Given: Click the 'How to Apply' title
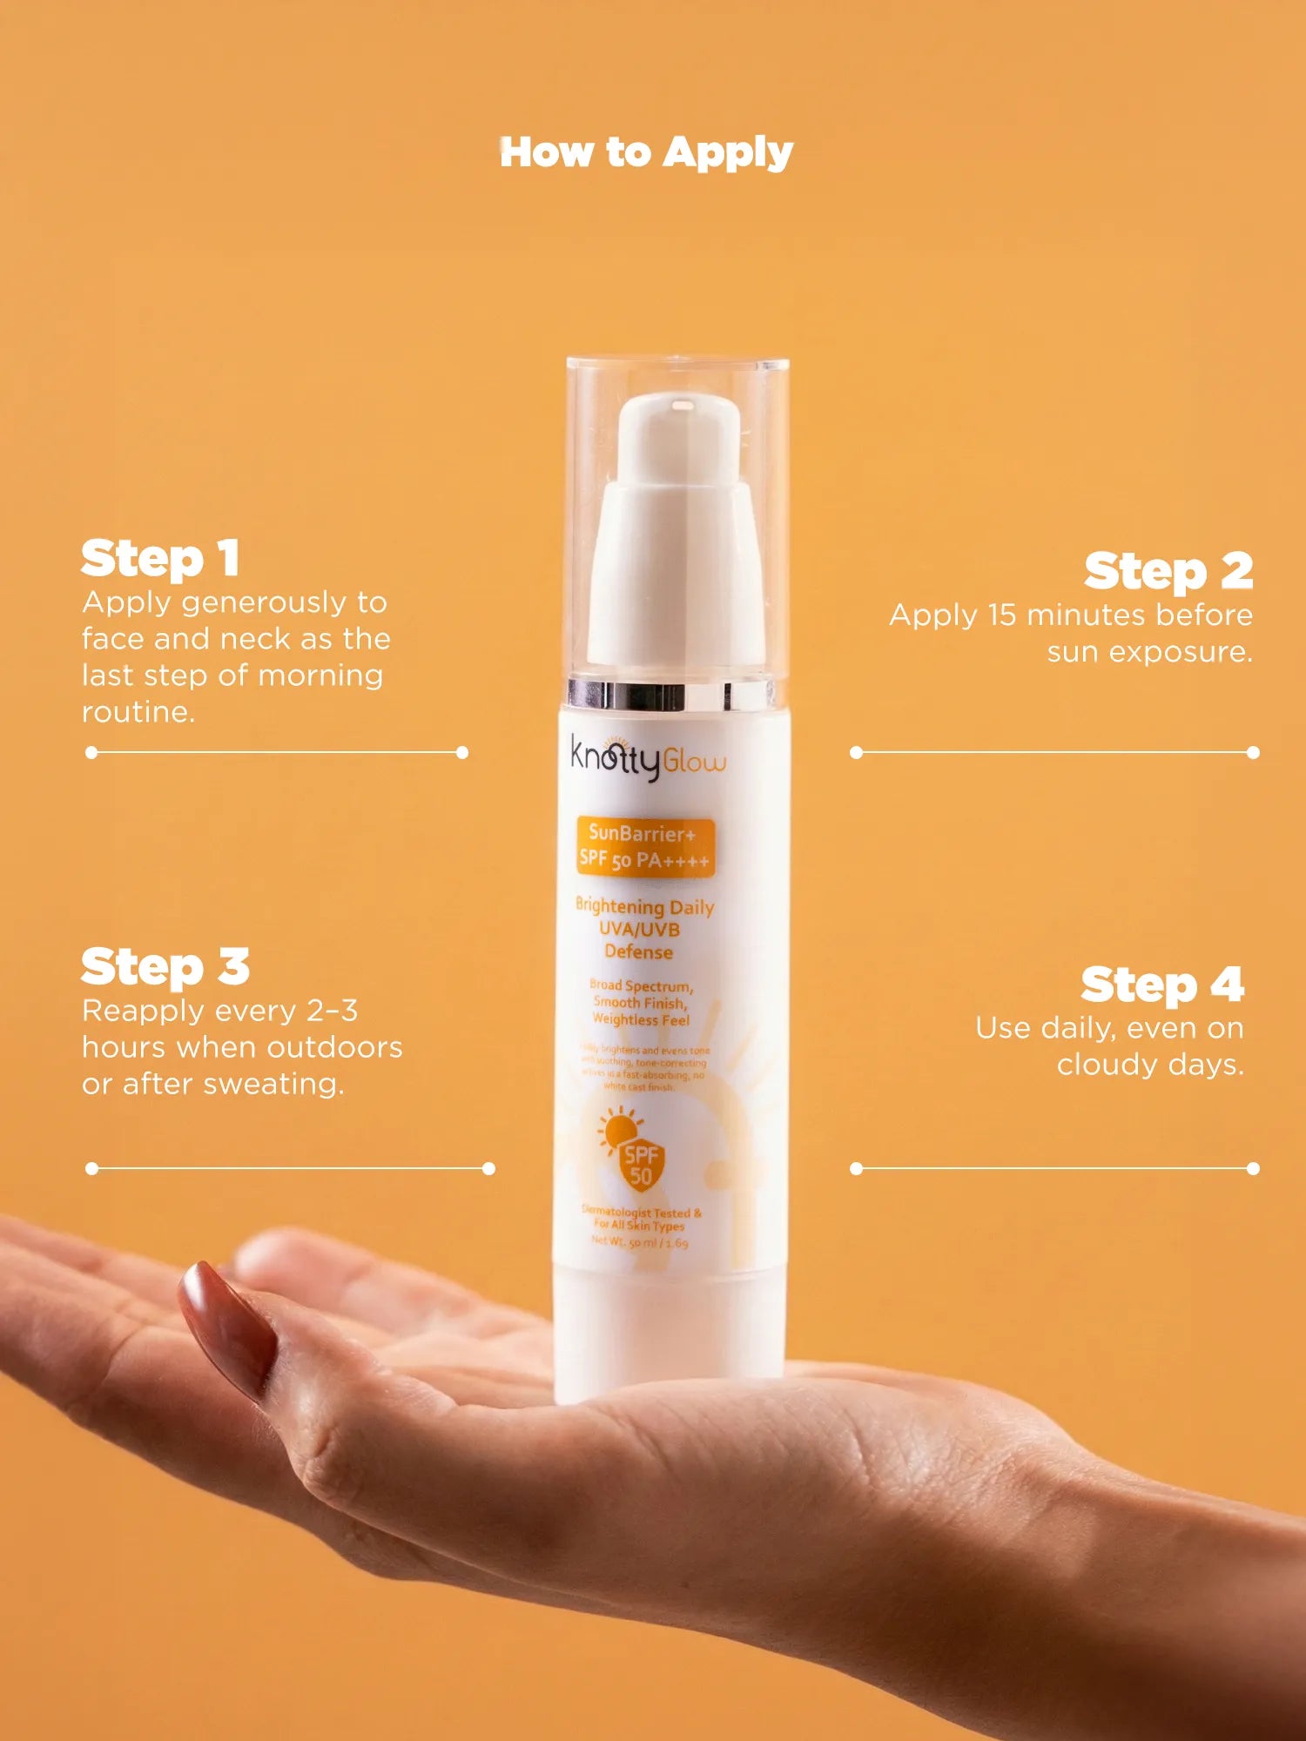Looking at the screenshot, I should point(646,153).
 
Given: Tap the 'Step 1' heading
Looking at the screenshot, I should point(160,559).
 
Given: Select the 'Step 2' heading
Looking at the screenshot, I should point(1168,572).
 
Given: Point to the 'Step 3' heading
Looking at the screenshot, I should point(165,967).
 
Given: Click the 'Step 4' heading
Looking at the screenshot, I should point(1161,985).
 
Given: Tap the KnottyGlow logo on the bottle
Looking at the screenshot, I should point(648,760).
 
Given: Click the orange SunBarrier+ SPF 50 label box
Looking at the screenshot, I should point(645,846).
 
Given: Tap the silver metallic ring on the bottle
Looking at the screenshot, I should point(670,695).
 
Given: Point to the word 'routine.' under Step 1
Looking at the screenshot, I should point(138,712).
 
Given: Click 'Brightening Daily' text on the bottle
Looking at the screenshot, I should point(644,906).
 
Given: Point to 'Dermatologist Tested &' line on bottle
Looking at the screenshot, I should point(642,1212).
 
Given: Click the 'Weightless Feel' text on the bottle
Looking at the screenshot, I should point(641,1019).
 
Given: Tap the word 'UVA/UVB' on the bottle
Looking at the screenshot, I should point(639,929).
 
